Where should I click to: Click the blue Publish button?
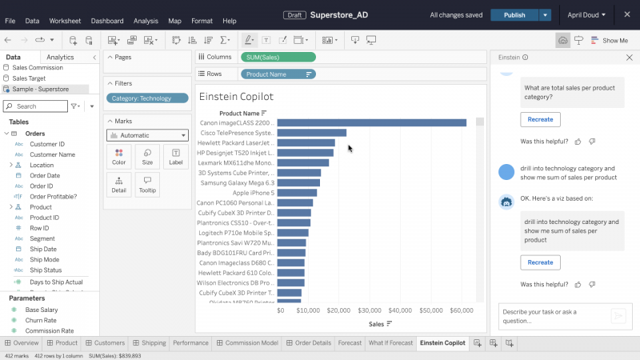coord(514,14)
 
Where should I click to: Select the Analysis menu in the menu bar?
coord(146,21)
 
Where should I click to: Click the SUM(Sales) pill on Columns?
coord(278,57)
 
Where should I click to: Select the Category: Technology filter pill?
coord(146,98)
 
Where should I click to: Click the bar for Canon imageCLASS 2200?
coord(371,122)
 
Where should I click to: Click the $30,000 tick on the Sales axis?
coord(370,310)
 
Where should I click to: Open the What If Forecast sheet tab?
coord(390,342)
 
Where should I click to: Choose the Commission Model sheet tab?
coord(252,342)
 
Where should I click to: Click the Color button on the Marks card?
coord(118,156)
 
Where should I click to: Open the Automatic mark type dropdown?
coord(147,135)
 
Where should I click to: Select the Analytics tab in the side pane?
coord(60,57)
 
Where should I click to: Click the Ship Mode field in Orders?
coord(44,259)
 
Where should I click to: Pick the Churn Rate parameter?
coord(40,320)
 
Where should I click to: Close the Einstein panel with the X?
coord(629,58)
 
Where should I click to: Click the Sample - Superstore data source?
coord(40,89)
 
